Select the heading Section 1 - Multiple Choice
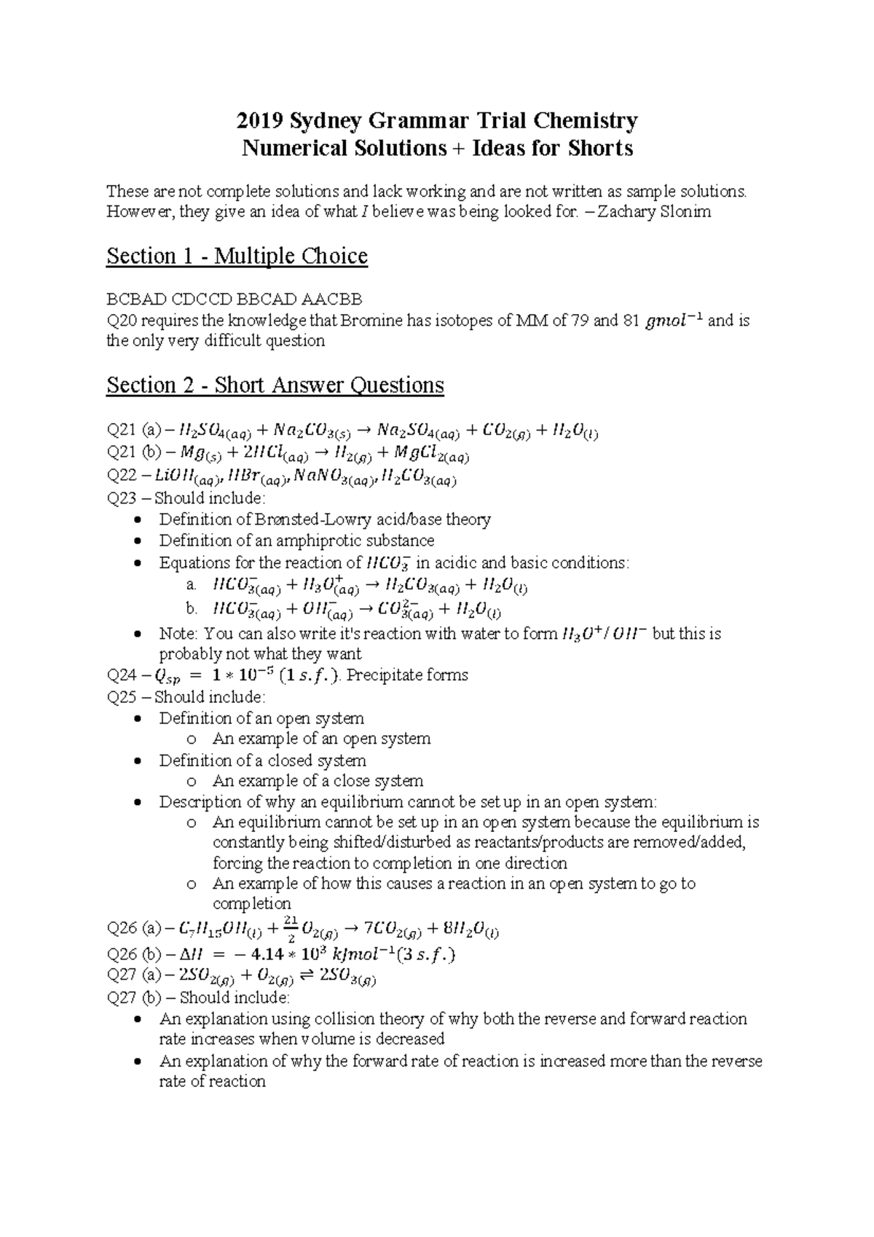point(237,256)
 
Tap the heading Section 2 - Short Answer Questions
point(275,385)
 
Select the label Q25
point(121,696)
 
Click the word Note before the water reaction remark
point(177,634)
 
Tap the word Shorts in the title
point(602,149)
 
